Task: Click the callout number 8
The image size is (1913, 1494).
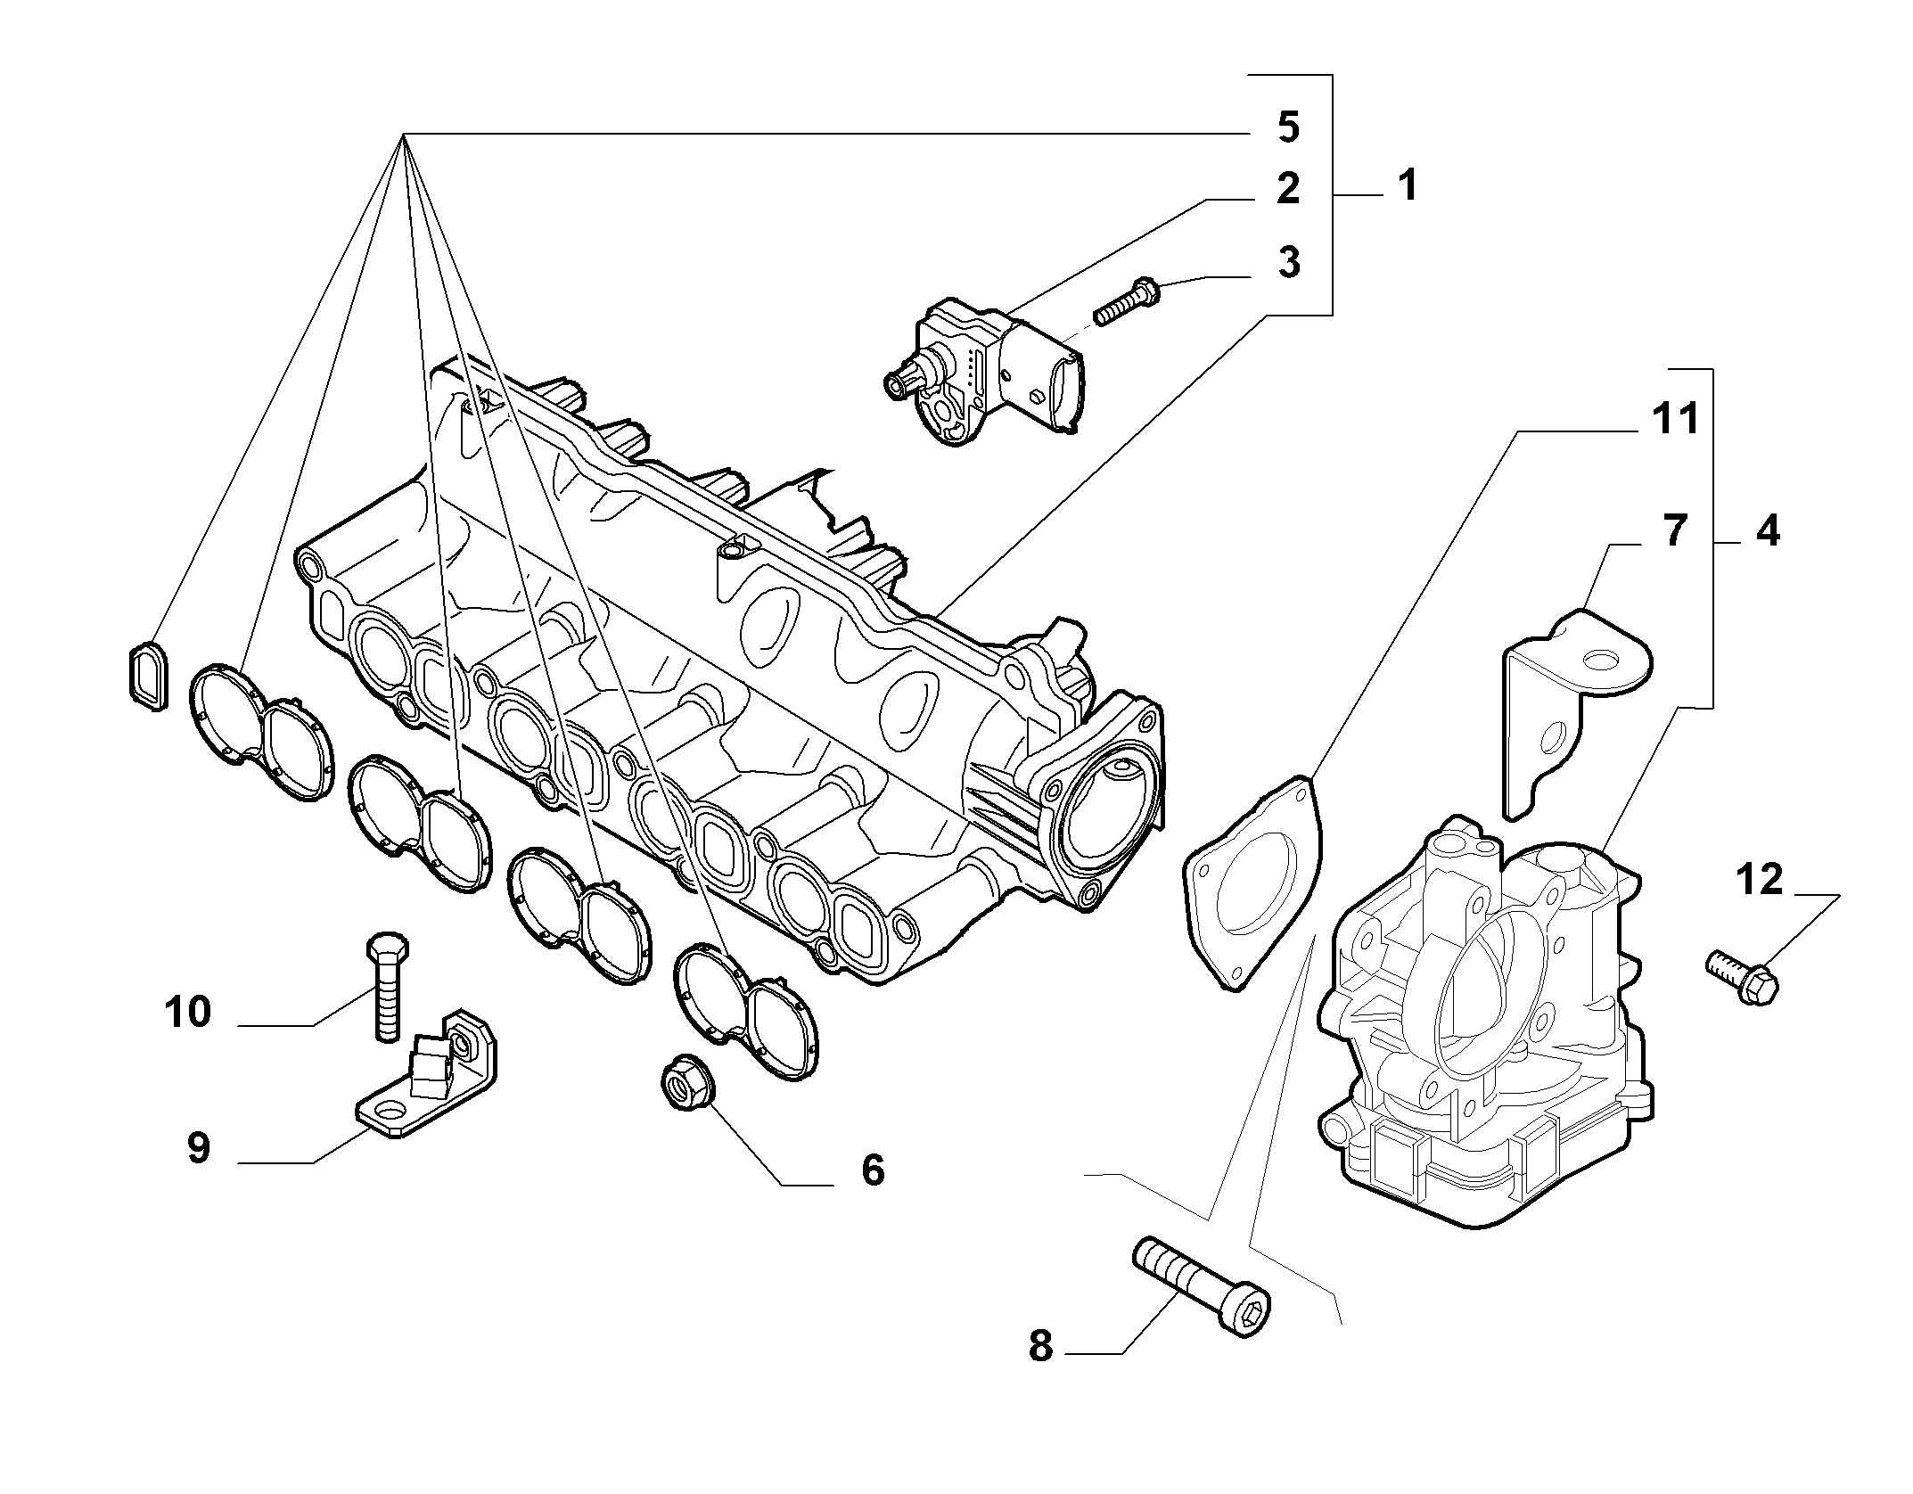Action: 1040,1371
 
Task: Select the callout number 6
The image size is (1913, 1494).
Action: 873,1170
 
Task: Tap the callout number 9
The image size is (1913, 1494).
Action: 198,1148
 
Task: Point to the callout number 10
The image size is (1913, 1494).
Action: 188,1012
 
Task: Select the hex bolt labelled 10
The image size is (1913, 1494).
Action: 388,986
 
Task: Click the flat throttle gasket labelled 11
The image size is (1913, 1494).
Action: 1253,882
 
